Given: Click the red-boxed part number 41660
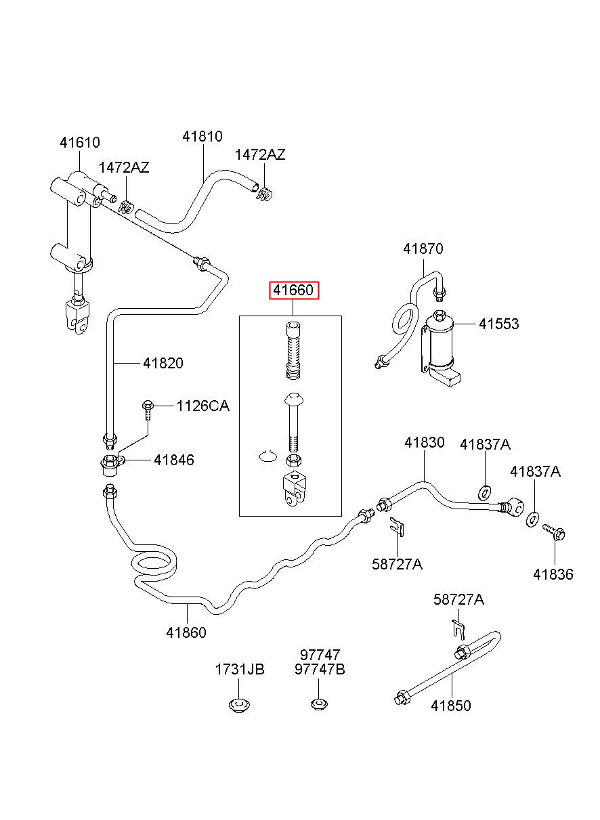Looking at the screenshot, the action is point(293,290).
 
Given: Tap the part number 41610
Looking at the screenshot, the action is point(80,142).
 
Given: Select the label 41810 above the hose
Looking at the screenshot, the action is point(202,136).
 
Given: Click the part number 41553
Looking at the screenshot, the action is point(499,324).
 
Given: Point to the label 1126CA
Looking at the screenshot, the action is point(202,406).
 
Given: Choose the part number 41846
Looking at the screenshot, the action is point(174,460).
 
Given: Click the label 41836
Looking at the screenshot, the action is point(553,574).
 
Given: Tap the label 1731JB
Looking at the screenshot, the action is point(240,670).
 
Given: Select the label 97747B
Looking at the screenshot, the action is point(320,670).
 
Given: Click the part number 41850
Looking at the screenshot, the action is point(451,706).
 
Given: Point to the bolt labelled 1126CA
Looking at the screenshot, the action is point(148,410).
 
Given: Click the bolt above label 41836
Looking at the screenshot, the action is point(554,532).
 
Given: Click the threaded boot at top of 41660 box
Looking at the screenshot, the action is point(293,350).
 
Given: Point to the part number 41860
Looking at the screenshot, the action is point(186,632).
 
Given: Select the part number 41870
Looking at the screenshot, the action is point(423,249).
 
